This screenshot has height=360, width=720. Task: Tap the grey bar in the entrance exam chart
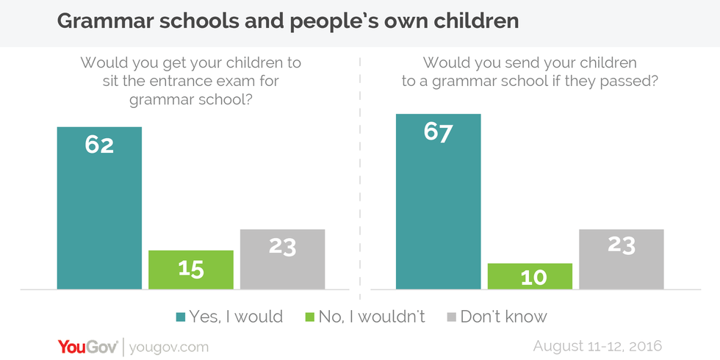[x=282, y=259]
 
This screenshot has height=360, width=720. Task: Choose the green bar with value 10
[x=530, y=276]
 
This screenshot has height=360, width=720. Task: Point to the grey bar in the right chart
[x=621, y=259]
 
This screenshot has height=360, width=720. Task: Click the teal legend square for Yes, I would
[x=180, y=317]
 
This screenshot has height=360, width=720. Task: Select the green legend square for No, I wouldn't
[x=308, y=317]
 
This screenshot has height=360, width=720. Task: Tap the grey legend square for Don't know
[x=452, y=317]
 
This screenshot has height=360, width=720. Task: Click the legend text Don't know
[x=504, y=317]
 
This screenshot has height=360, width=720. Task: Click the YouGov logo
[x=86, y=346]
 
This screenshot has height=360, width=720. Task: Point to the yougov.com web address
[x=168, y=347]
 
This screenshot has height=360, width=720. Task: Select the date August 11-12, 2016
[x=598, y=346]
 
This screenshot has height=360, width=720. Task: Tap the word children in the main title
[x=475, y=22]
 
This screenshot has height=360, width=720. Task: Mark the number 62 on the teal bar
[x=99, y=145]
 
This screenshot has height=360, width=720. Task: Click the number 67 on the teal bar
[x=438, y=132]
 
